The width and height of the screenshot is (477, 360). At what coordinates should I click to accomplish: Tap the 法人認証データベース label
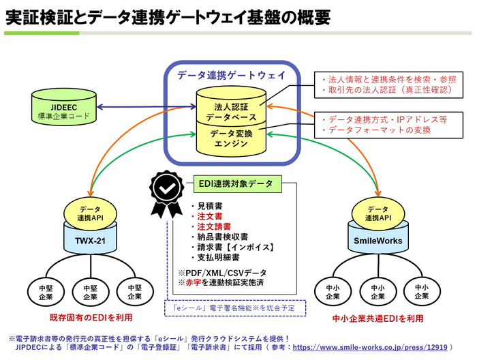[x=231, y=112]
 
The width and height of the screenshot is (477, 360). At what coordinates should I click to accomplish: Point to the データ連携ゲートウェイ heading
[x=231, y=75]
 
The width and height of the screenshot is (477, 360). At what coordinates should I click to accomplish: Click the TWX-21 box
[x=90, y=241]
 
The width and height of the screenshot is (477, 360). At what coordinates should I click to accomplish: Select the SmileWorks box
[x=377, y=241]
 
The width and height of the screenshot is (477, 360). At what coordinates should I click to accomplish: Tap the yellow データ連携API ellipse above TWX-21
[x=90, y=212]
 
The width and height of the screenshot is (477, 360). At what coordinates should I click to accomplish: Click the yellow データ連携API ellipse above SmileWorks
[x=377, y=212]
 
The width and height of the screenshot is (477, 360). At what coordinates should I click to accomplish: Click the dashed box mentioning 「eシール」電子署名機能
[x=235, y=308]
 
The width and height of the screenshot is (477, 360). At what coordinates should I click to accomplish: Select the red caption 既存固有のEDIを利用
[x=91, y=318]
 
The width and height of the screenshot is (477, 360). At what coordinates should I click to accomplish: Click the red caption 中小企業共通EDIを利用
[x=378, y=318]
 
